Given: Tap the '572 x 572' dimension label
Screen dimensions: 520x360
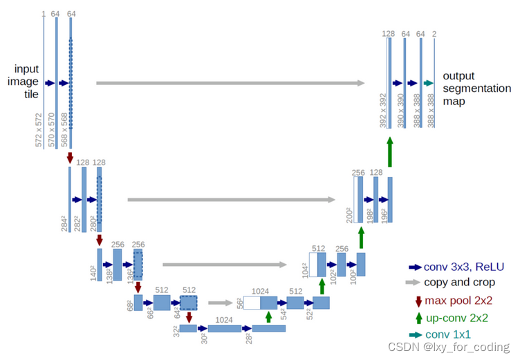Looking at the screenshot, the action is tap(39, 131).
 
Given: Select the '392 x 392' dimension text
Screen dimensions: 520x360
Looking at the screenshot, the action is tap(382, 111).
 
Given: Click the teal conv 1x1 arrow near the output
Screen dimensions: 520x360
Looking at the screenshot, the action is tap(429, 83).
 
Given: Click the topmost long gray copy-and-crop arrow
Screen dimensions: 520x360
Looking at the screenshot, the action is tap(230, 83).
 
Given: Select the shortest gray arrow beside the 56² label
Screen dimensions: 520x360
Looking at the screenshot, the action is tap(220, 302).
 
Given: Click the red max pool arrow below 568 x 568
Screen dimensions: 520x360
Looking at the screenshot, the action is tap(70, 158).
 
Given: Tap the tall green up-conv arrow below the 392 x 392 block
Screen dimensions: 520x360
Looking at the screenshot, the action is tap(389, 151).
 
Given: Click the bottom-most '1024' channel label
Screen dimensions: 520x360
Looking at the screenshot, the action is tap(223, 320).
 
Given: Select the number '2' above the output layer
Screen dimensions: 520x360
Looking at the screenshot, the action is tap(434, 33).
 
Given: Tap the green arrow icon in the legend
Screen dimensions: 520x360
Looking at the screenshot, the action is tap(418, 318).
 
